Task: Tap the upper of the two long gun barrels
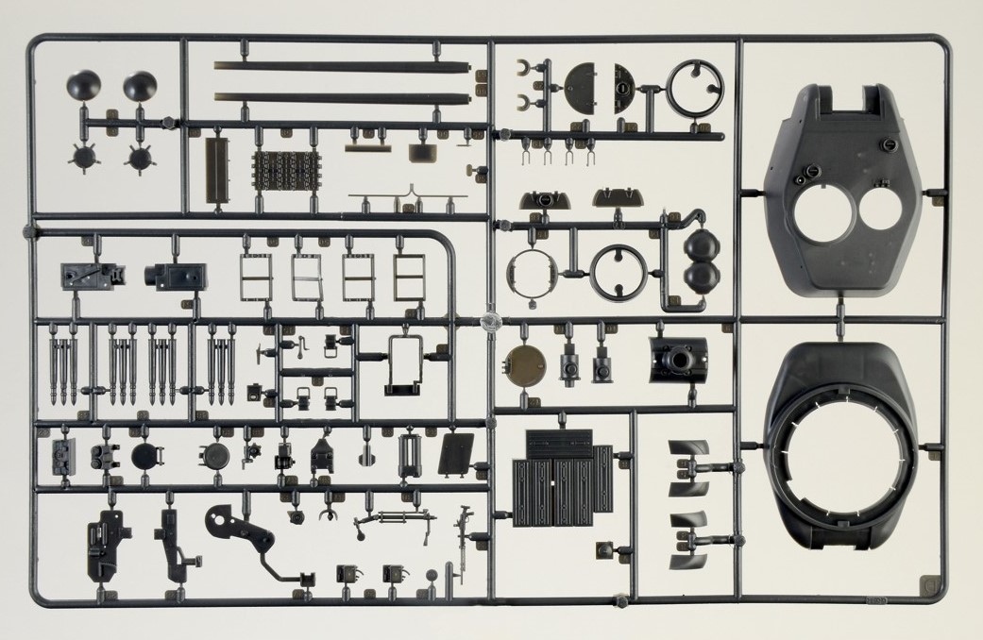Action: coord(342,66)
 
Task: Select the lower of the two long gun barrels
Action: coord(342,96)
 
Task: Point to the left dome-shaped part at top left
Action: coord(82,88)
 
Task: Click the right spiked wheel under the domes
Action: coord(139,157)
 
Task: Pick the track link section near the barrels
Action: coord(280,171)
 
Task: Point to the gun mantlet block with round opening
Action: coord(678,358)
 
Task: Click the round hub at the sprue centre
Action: coord(489,319)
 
